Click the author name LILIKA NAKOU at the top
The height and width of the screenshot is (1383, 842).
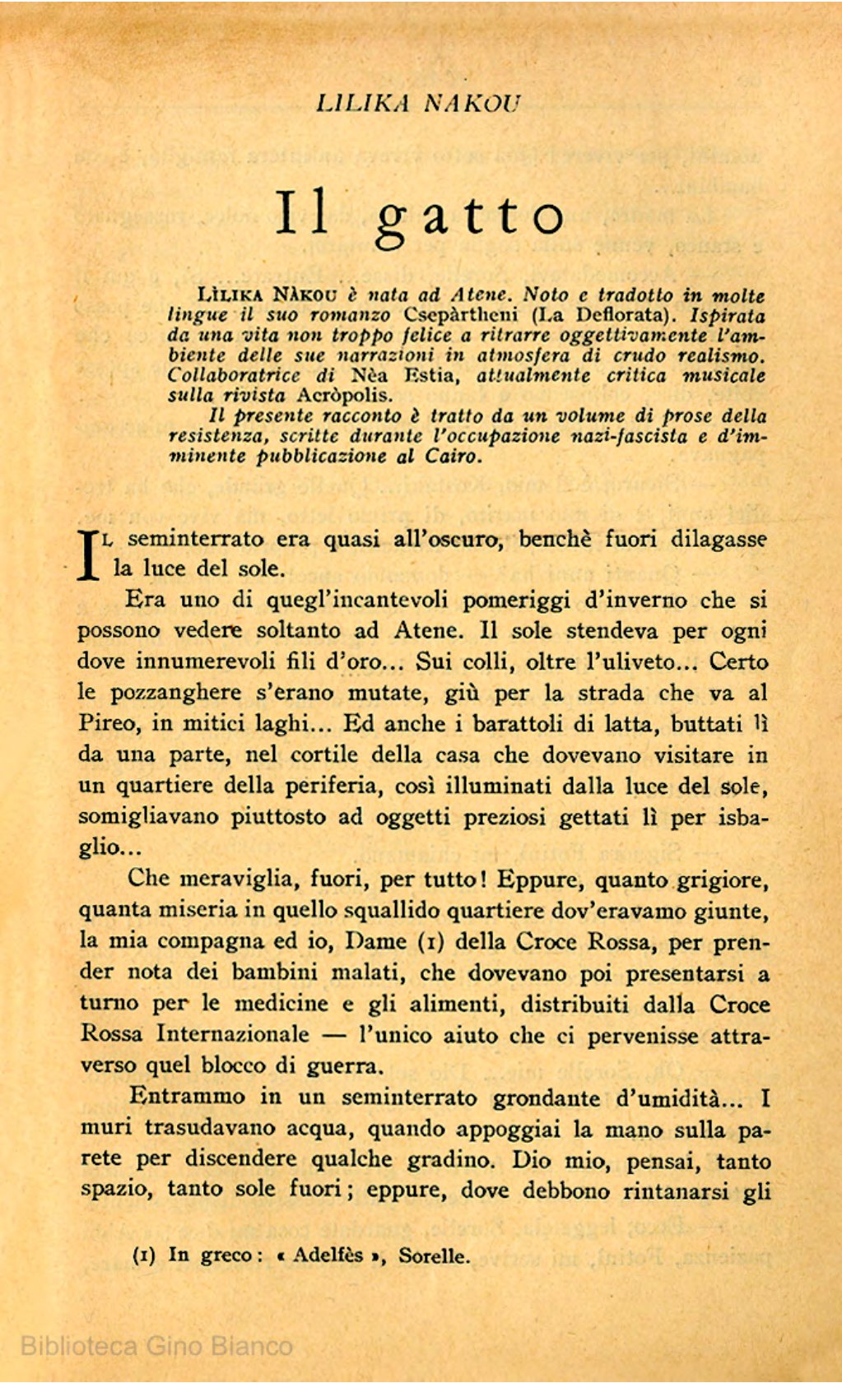419,103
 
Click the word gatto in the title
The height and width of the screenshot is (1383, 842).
470,215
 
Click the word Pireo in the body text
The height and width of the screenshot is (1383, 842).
108,723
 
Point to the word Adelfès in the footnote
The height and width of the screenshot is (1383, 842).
328,1255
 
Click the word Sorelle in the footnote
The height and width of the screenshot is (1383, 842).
434,1256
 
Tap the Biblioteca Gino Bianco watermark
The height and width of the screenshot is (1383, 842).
156,1346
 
